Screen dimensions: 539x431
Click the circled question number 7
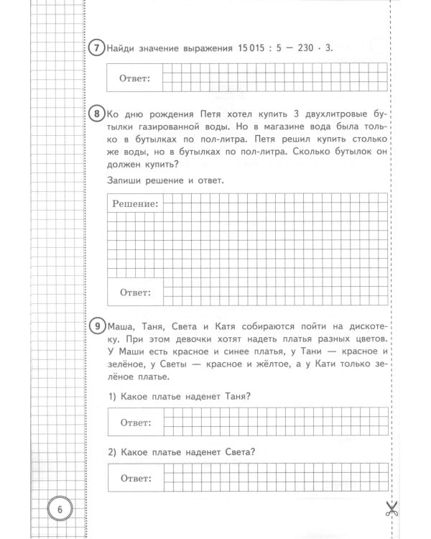[96, 48]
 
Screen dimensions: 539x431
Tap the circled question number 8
[96, 113]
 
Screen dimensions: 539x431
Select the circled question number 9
[96, 325]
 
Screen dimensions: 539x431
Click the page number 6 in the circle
[60, 508]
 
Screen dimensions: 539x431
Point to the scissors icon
[391, 509]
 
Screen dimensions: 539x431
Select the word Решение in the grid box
[134, 204]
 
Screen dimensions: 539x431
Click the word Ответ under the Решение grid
[134, 292]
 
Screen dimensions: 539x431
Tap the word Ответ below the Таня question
[134, 422]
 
